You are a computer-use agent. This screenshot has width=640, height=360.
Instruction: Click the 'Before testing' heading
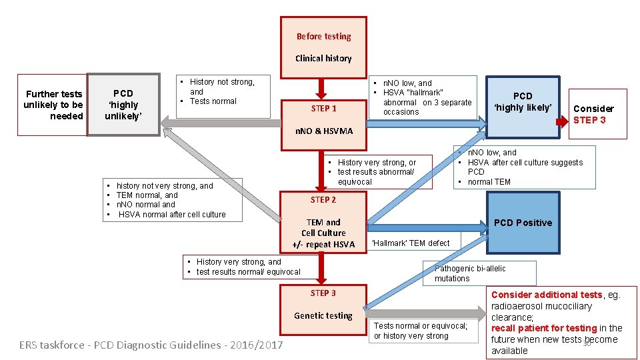pos(323,37)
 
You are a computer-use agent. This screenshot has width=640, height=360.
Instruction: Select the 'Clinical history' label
pos(323,59)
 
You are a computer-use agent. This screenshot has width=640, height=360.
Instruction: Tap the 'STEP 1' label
pos(323,109)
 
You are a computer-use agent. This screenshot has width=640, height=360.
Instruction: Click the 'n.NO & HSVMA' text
pos(323,131)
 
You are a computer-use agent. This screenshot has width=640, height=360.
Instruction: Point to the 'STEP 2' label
pos(323,200)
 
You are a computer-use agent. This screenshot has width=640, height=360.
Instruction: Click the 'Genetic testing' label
pos(323,316)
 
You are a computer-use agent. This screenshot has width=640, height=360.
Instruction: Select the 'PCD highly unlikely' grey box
pos(123,105)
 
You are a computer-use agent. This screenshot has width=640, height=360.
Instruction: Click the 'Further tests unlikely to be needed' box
pos(53,105)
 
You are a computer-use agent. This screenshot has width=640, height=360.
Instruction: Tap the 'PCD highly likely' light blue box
pos(523,101)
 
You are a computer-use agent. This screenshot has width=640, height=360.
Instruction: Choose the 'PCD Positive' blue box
pos(523,223)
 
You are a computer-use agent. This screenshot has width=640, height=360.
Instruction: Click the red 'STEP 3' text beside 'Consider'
pos(589,120)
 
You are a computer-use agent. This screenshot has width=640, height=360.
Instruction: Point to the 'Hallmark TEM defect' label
pos(411,243)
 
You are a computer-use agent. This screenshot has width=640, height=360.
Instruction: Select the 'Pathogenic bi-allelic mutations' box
pos(479,273)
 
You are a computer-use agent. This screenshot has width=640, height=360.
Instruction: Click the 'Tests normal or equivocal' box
pos(421,331)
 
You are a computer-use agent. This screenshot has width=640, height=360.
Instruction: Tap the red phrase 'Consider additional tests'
pos(546,295)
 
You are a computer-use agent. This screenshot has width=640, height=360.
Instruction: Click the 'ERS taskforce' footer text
pos(151,345)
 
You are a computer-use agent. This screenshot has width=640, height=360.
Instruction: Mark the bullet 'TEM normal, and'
pos(147,195)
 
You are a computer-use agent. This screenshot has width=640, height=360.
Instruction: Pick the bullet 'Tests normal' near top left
pos(213,101)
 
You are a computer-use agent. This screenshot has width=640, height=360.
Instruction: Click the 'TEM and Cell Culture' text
pos(323,227)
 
